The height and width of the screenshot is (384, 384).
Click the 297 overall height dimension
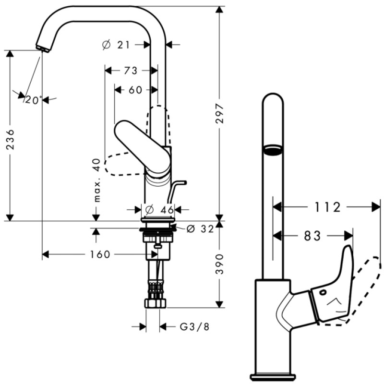[219, 114]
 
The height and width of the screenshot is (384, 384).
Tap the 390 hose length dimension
[219, 264]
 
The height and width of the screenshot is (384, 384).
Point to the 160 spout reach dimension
[100, 254]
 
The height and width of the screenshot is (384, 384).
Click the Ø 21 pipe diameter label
[116, 45]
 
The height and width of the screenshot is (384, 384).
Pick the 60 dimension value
[135, 90]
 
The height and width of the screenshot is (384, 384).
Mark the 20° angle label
[34, 100]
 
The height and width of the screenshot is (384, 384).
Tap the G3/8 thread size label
[194, 327]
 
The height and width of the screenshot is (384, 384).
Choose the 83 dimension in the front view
[312, 236]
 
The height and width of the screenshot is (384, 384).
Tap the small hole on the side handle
[323, 292]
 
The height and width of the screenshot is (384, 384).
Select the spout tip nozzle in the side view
[42, 48]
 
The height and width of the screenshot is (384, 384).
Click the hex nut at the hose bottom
[155, 303]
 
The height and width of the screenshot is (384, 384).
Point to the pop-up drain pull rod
[175, 189]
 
